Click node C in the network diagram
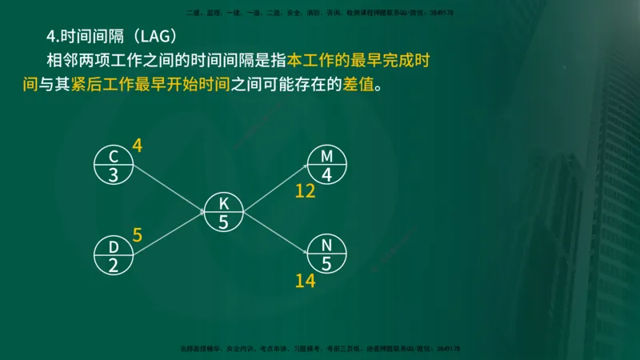click(x=113, y=165)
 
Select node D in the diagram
click(x=113, y=255)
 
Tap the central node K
click(x=223, y=213)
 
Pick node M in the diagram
click(x=326, y=165)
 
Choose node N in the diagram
click(x=326, y=254)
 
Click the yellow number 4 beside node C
click(x=137, y=146)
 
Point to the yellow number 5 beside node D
click(x=137, y=235)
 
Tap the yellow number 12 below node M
click(x=306, y=191)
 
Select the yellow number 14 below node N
click(x=306, y=281)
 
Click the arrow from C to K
click(x=168, y=189)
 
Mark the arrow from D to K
click(x=168, y=234)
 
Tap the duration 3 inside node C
click(x=113, y=174)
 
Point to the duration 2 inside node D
click(x=113, y=266)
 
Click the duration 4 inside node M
click(x=326, y=175)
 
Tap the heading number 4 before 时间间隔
click(x=51, y=36)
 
